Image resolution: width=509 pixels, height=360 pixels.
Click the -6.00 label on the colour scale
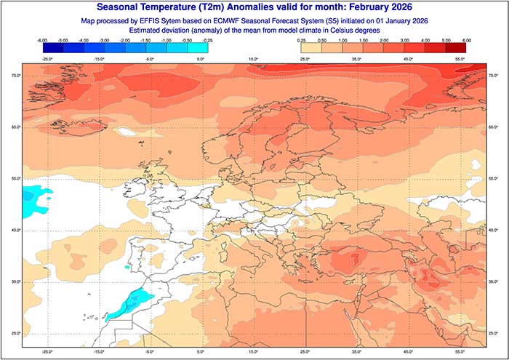tap(41, 41)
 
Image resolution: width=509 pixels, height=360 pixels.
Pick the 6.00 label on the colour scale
tap(466, 41)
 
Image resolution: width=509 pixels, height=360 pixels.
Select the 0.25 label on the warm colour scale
tap(300, 41)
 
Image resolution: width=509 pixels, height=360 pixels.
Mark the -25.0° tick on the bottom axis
tap(48, 351)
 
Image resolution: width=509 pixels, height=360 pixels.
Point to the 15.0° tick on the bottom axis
tap(254, 351)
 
